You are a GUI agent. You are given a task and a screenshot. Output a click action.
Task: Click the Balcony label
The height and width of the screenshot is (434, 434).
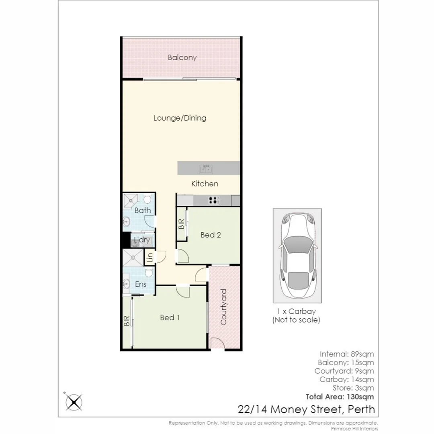(182, 57)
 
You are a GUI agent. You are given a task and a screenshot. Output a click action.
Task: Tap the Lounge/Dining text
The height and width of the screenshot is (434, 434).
(180, 118)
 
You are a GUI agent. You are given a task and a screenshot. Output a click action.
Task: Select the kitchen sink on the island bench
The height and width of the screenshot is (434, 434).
(206, 169)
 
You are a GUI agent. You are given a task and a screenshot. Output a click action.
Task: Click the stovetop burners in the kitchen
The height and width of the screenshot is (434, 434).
(213, 200)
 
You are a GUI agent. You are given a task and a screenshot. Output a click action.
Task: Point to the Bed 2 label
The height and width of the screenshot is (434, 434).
(211, 235)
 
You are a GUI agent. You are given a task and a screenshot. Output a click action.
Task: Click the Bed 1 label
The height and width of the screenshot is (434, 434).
(170, 317)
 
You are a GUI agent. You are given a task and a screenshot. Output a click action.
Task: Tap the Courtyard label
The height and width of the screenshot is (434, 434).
(224, 307)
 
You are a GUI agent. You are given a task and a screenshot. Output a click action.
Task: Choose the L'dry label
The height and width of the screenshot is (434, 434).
(142, 240)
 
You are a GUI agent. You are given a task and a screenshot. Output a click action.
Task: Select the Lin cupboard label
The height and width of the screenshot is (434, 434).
(149, 257)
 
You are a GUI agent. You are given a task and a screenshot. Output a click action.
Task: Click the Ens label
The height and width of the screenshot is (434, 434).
(140, 285)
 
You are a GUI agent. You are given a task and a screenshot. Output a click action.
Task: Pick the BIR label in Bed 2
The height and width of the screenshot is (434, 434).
(181, 224)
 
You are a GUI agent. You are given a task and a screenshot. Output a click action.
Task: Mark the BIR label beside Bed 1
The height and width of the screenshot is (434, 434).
(127, 320)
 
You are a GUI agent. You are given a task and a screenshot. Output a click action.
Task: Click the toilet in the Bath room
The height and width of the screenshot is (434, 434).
(147, 199)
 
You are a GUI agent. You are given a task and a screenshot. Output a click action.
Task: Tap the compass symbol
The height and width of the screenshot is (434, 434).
(74, 402)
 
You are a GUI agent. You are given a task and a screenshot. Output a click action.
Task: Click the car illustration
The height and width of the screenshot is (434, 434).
(297, 256)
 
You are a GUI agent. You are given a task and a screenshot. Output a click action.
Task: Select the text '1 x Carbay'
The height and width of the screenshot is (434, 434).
(297, 311)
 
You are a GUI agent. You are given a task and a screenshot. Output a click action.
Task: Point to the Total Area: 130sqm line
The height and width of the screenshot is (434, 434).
(340, 397)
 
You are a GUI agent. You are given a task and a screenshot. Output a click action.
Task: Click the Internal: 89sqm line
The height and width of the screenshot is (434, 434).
(347, 354)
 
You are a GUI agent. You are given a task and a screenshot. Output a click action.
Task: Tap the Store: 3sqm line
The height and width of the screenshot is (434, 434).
(353, 388)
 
